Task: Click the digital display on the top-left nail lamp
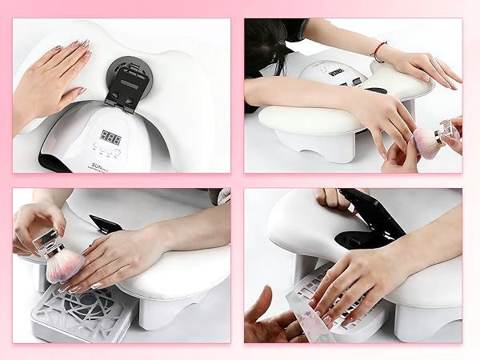pyautogui.click(x=110, y=137)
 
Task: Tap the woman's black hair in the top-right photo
pyautogui.click(x=272, y=48)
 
